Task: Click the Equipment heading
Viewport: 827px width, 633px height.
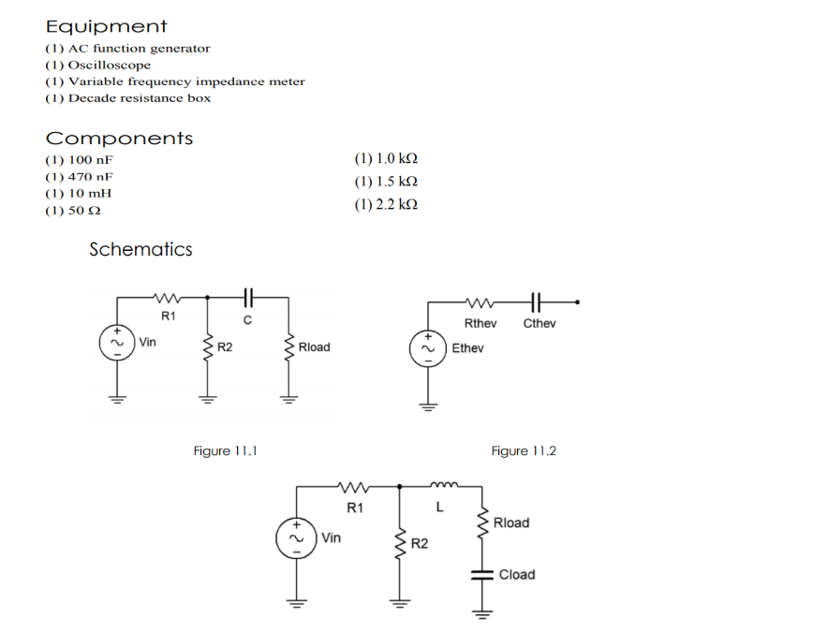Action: click(x=106, y=27)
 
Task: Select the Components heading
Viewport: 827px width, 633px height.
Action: click(x=119, y=139)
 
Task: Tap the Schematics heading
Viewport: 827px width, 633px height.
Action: click(x=140, y=249)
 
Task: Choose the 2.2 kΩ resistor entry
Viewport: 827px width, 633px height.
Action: click(x=386, y=204)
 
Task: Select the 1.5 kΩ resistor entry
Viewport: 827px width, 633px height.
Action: click(x=386, y=181)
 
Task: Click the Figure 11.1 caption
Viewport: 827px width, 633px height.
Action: click(x=225, y=451)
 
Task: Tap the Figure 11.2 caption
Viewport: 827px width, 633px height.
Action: click(x=524, y=451)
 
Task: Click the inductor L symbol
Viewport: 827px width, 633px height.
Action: click(x=440, y=485)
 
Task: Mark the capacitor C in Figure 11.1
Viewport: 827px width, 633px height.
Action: click(x=247, y=298)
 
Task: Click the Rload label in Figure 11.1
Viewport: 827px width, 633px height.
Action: click(x=314, y=347)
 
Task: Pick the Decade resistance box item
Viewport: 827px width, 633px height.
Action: click(x=127, y=98)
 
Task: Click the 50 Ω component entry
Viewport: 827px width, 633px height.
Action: click(x=73, y=211)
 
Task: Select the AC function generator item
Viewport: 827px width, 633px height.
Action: click(x=127, y=48)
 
